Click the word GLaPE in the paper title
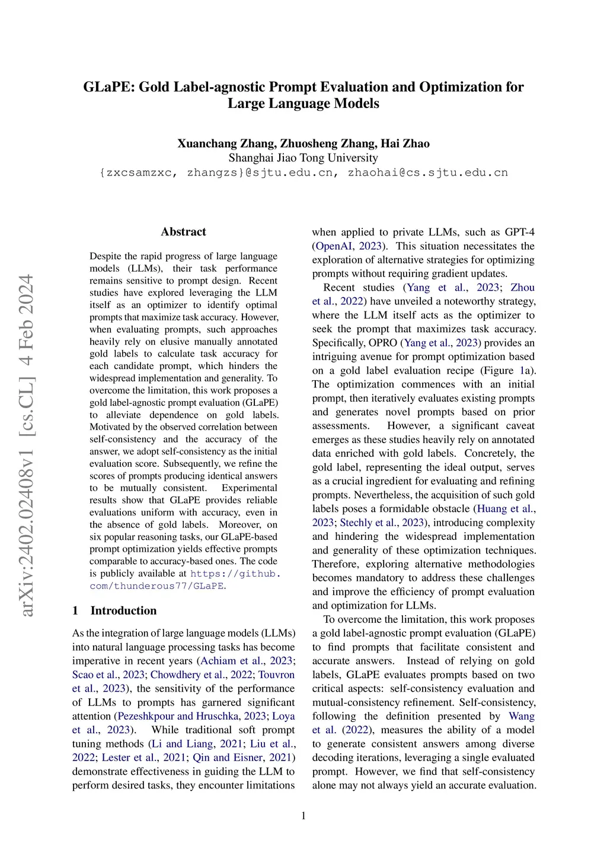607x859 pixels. (x=108, y=87)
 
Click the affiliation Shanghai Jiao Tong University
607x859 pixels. (x=303, y=158)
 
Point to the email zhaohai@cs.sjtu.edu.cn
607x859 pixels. (x=427, y=173)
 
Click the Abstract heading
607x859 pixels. (x=183, y=232)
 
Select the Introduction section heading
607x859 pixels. (x=123, y=610)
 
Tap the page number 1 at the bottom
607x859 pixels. (x=303, y=816)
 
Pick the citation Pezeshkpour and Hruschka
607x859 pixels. (x=178, y=716)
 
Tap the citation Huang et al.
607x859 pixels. (x=505, y=509)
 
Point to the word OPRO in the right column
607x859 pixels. (x=383, y=343)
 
